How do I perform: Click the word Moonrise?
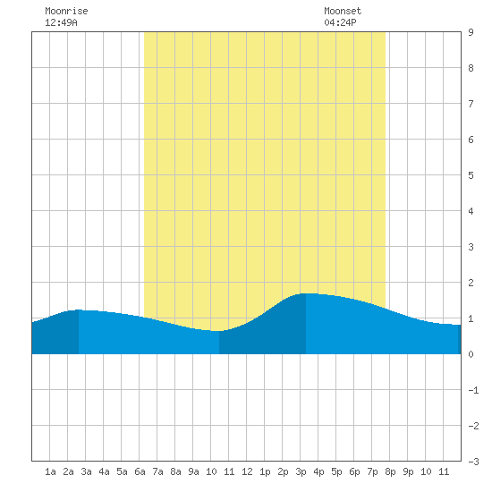[66, 11]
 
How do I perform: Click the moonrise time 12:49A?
[61, 22]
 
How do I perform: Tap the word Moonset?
[343, 11]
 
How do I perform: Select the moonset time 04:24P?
[340, 22]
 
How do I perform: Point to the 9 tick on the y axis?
[471, 32]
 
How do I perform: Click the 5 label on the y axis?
[471, 175]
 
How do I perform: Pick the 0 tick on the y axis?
[471, 354]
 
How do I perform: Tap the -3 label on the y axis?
[473, 462]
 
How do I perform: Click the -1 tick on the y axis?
[473, 390]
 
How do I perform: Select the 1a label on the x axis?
[50, 471]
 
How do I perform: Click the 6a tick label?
[140, 471]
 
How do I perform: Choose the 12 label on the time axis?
[247, 471]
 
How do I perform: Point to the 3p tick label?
[301, 471]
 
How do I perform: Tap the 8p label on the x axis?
[390, 471]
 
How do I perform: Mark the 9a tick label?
[193, 471]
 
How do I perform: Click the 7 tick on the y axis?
[471, 104]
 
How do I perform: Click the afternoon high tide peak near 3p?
[306, 293]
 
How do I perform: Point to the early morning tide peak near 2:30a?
[79, 310]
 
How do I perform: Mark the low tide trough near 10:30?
[218, 331]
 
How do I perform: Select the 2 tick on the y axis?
[471, 283]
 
